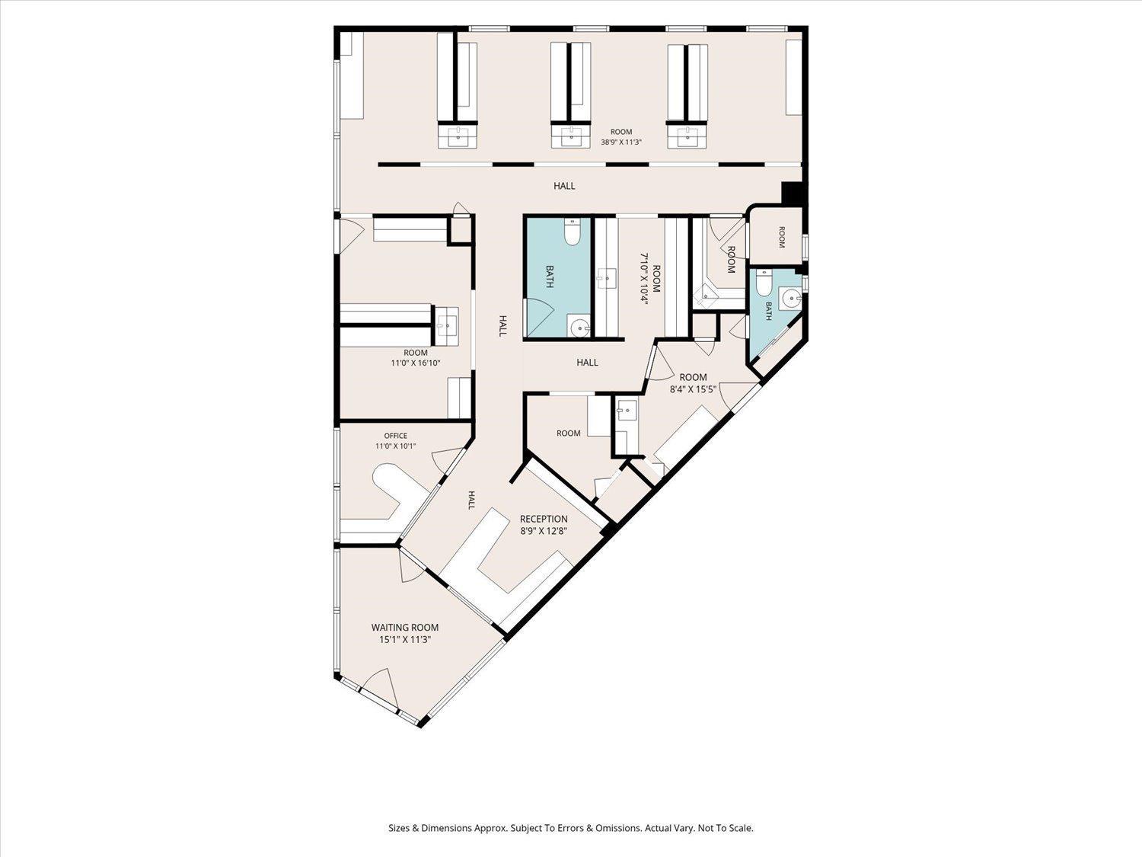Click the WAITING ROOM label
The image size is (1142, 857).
tap(405, 628)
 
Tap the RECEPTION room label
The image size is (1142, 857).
tap(544, 519)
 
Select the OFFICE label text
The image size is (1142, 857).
tap(395, 436)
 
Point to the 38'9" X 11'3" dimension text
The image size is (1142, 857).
tap(621, 142)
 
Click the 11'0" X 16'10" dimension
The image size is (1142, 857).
tap(415, 363)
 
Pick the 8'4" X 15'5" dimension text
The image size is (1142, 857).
tap(693, 389)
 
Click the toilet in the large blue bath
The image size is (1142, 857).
tap(572, 232)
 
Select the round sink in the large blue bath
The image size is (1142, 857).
tap(579, 328)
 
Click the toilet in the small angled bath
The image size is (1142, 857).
tap(764, 283)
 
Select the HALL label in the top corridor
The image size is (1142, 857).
tap(564, 186)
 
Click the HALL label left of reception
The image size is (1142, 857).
tap(471, 500)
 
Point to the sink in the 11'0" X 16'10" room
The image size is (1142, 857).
tap(446, 327)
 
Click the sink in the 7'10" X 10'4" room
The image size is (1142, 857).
tap(605, 277)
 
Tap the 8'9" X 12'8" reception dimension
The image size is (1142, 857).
tap(543, 531)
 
